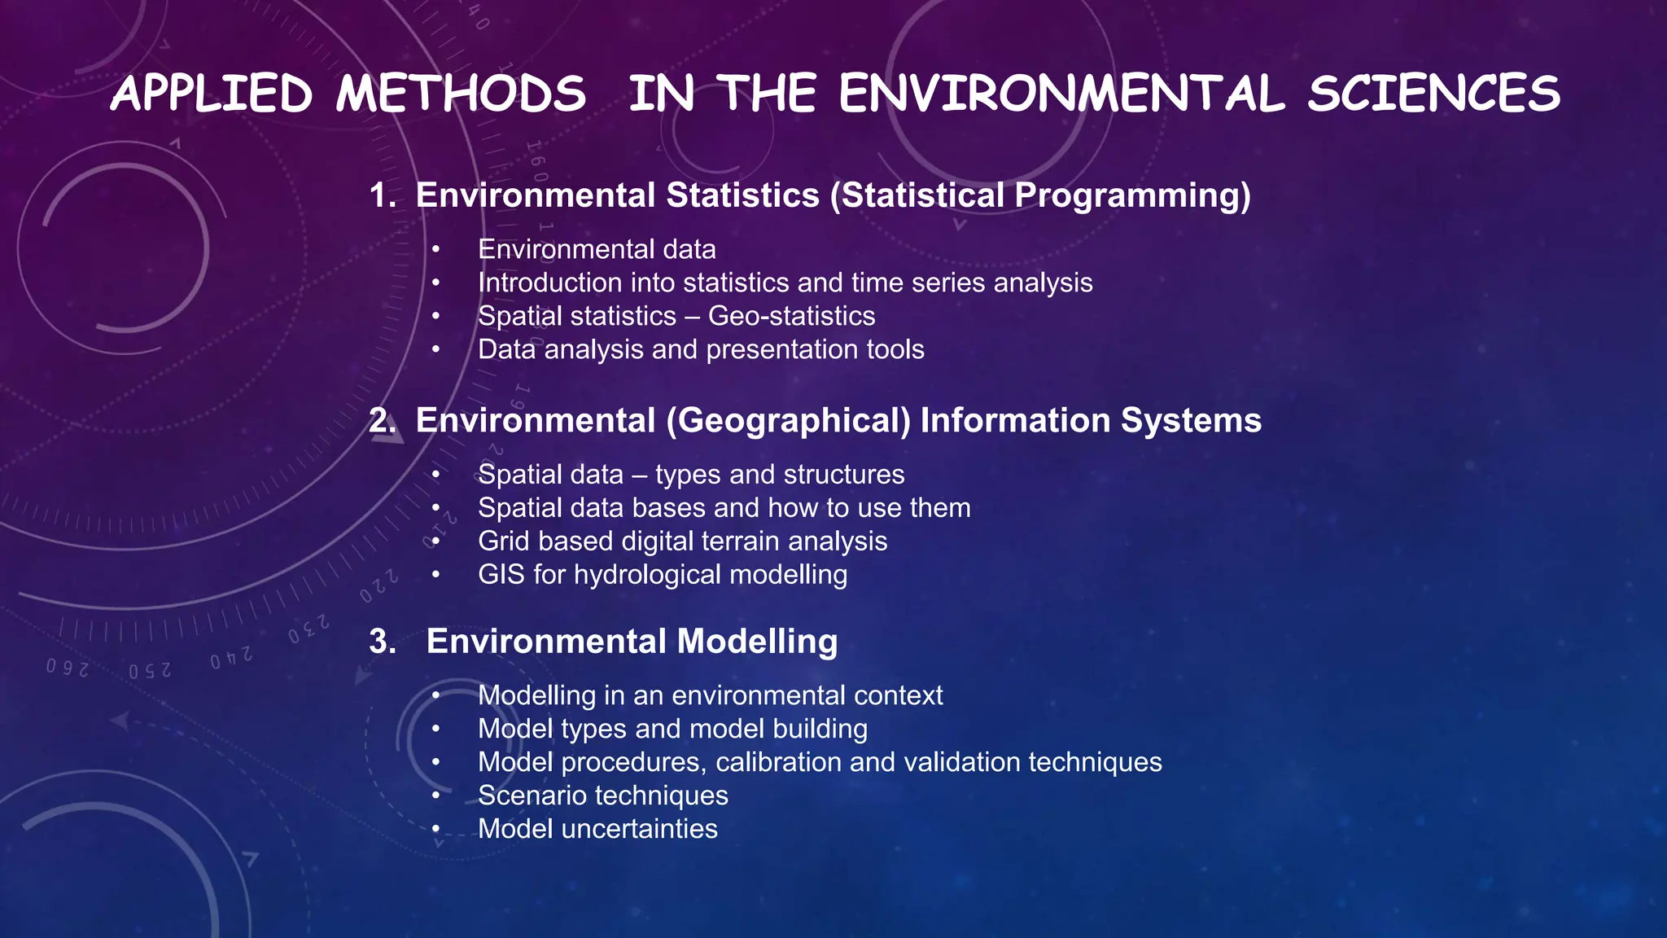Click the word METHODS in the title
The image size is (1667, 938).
[x=461, y=93]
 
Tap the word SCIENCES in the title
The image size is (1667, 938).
[x=1433, y=93]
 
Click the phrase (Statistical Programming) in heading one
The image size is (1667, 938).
[x=1040, y=195]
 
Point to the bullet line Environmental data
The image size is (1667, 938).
[x=597, y=249]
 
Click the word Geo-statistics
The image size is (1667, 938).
[x=791, y=316]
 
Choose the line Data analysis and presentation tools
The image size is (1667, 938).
[x=701, y=349]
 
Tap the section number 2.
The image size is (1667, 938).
[x=381, y=421]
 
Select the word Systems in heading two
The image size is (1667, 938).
[x=1191, y=421]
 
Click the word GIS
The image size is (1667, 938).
[x=501, y=575]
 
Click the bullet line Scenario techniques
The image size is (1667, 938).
[x=602, y=796]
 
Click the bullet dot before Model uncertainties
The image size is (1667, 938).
[x=436, y=830]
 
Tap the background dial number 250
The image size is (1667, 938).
[x=150, y=670]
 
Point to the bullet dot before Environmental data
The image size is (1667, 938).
[x=436, y=250]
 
